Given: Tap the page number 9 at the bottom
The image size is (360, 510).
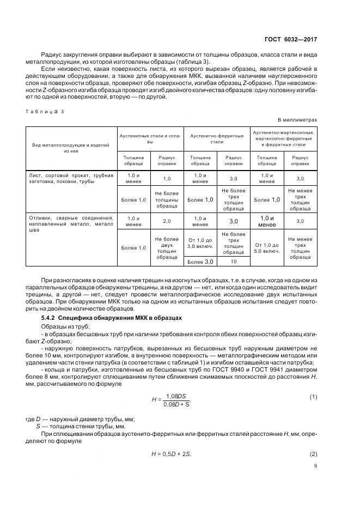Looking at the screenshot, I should click(314, 465).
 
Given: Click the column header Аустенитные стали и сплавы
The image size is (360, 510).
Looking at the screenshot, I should click(149, 138).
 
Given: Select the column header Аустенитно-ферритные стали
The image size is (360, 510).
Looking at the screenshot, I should click(217, 138).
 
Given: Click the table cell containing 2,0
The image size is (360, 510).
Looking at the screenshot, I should click(167, 221).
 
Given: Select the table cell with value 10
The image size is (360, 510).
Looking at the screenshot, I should click(233, 262).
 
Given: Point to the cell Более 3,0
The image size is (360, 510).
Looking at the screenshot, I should click(200, 262).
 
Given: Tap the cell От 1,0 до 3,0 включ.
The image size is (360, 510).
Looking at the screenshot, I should click(200, 243).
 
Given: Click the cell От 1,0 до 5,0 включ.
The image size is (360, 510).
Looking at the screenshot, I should click(267, 248).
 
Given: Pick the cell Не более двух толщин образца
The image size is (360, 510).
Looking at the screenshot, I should click(167, 248).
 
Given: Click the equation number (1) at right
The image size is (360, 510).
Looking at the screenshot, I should click(313, 397).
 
